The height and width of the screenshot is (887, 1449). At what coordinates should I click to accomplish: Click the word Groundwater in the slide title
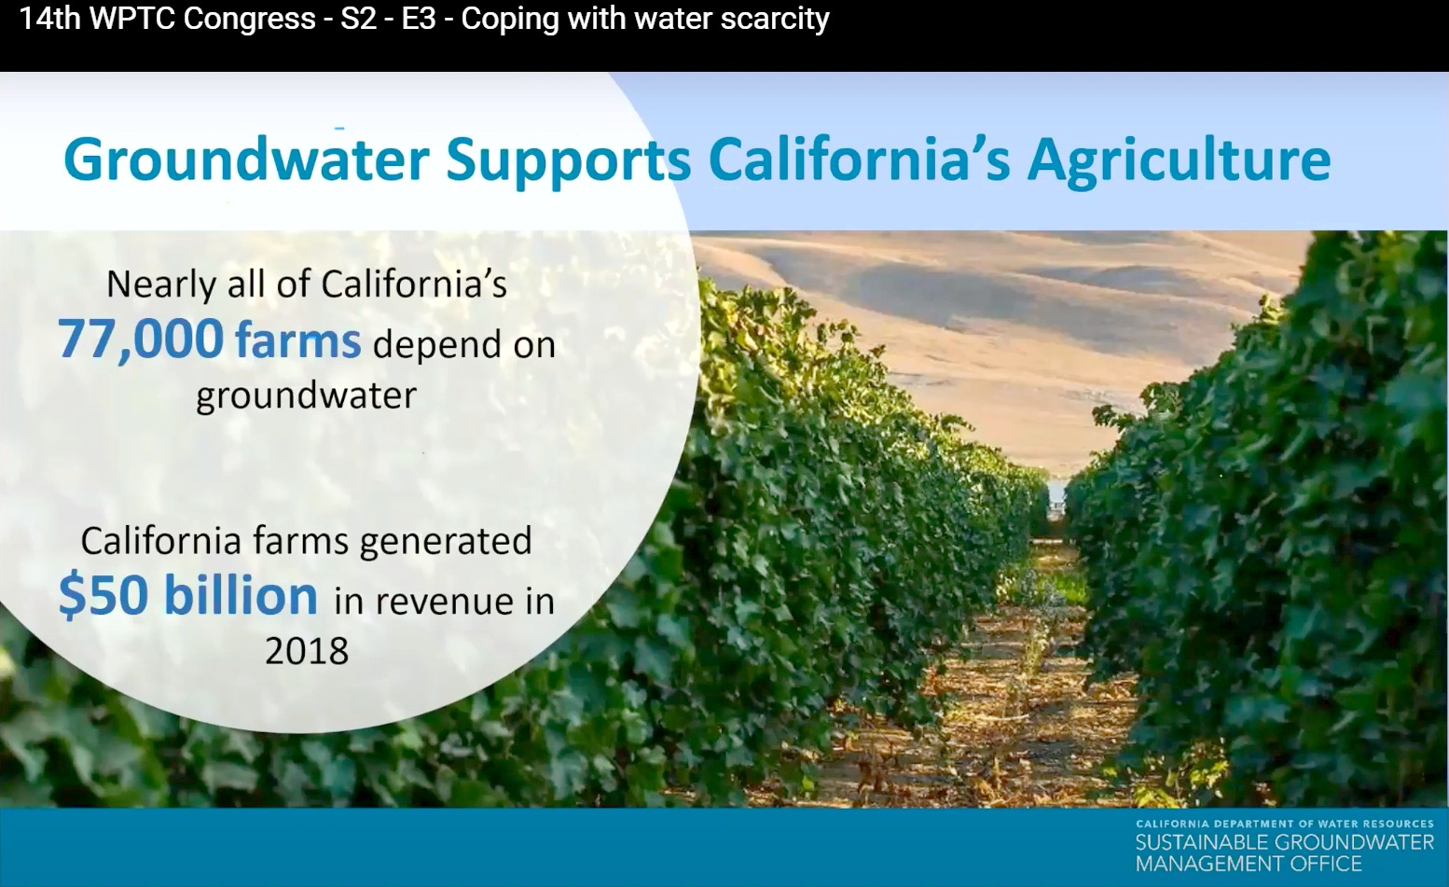[246, 159]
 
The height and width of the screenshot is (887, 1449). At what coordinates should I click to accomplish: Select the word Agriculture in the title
[1180, 161]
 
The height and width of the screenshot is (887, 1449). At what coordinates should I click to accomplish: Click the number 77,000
[141, 340]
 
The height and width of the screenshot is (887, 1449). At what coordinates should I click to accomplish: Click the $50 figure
[103, 595]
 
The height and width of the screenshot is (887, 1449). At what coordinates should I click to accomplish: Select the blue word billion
[241, 594]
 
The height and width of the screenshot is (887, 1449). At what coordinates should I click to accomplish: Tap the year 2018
[307, 650]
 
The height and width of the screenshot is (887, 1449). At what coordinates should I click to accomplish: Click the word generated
[446, 542]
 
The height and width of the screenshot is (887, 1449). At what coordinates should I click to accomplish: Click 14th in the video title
[49, 18]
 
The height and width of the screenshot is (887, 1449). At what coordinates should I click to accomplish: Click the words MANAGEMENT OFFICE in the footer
[1249, 863]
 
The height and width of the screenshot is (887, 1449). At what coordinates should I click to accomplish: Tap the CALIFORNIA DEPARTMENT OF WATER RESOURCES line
[1285, 824]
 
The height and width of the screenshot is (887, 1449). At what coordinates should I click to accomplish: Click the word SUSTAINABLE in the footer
[1203, 841]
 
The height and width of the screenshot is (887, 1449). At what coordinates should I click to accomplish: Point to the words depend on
[463, 345]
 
